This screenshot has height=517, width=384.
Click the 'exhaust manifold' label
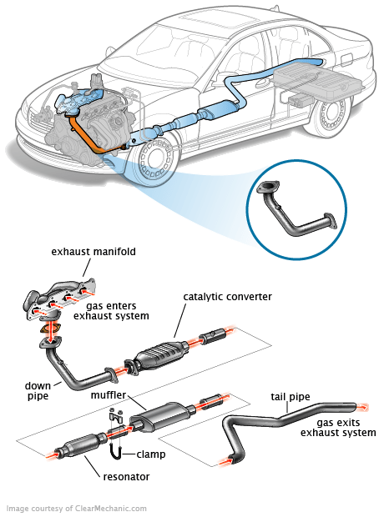click(x=93, y=252)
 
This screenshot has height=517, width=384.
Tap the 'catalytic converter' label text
click(x=228, y=296)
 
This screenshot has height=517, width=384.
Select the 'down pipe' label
click(x=38, y=390)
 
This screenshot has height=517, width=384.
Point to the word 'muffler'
click(x=109, y=394)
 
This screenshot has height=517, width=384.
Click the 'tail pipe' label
click(x=291, y=396)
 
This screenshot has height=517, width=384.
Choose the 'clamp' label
click(x=151, y=454)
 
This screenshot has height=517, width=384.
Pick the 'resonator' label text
click(x=126, y=476)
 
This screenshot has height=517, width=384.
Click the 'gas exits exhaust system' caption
click(x=338, y=427)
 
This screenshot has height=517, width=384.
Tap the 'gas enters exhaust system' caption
click(x=111, y=310)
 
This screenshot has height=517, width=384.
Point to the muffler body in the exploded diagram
click(x=160, y=416)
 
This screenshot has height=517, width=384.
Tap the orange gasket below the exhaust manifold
click(x=50, y=329)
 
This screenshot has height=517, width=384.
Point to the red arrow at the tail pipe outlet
click(x=362, y=407)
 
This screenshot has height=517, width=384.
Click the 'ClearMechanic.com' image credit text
click(x=111, y=508)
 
